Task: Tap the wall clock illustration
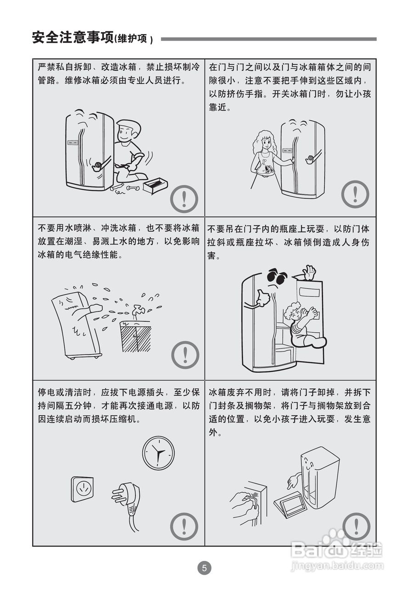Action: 158,453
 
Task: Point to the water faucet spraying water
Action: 137,310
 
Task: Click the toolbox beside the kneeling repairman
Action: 155,185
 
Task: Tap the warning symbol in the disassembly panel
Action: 184,199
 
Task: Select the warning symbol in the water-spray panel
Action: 185,355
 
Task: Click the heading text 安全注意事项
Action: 73,37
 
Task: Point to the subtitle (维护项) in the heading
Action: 134,39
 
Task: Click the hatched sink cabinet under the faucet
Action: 136,337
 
